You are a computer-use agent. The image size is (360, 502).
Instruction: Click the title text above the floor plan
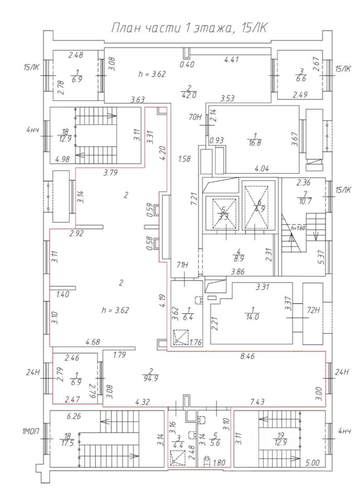(x=189, y=28)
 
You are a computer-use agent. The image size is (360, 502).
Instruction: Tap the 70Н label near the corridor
(x=196, y=117)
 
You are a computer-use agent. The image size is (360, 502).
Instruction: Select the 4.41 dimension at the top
(x=231, y=60)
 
